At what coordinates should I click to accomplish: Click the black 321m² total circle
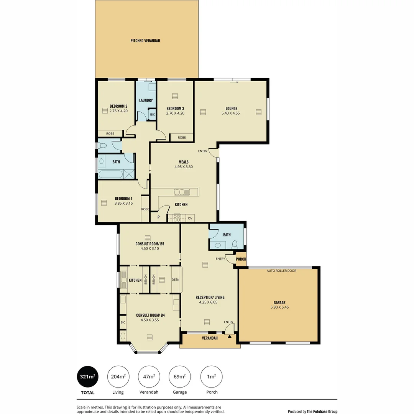88,376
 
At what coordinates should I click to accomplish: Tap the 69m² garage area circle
180,376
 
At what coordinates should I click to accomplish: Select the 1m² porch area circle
212,376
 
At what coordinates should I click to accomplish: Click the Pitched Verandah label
145,41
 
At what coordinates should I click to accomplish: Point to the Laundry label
146,100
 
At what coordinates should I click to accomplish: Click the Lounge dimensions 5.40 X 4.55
231,113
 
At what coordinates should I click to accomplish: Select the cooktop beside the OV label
177,218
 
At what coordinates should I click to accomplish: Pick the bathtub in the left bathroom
110,174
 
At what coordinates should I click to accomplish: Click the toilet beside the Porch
235,244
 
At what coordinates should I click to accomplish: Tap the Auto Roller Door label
281,271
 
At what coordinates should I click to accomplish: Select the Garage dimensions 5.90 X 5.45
279,307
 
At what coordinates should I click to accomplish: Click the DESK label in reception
176,280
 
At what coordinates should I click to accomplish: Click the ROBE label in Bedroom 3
182,138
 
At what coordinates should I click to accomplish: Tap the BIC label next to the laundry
152,115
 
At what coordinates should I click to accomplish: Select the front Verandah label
210,338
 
